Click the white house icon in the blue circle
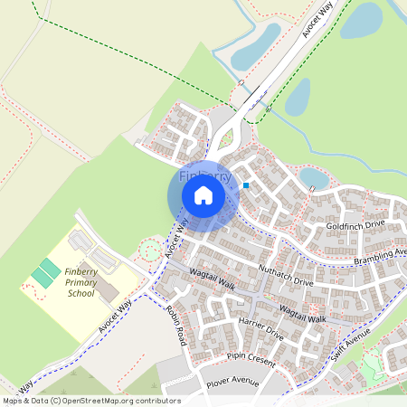click(x=203, y=194)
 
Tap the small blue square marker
click(x=245, y=185)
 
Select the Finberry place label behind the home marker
click(x=205, y=174)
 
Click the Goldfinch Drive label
click(x=356, y=223)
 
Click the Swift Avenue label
click(x=351, y=344)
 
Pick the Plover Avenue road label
click(x=231, y=383)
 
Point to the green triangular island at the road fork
click(x=225, y=139)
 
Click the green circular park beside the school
click(x=150, y=249)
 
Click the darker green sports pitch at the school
click(x=45, y=270)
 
